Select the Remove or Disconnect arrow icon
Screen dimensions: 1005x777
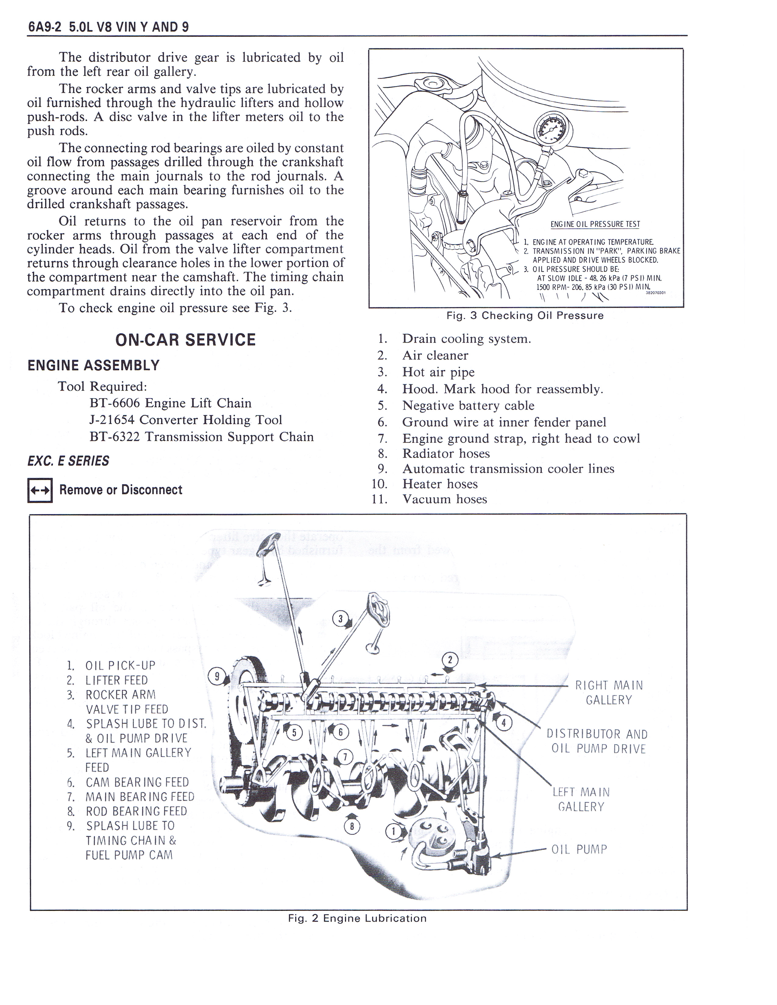pyautogui.click(x=40, y=490)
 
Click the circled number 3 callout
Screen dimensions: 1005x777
pyautogui.click(x=341, y=619)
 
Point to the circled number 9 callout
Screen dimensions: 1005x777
pyautogui.click(x=217, y=676)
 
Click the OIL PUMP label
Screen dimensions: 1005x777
pyautogui.click(x=579, y=849)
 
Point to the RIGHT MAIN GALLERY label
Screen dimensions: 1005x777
pyautogui.click(x=608, y=693)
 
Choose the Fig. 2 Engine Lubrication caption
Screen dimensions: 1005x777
pyautogui.click(x=357, y=918)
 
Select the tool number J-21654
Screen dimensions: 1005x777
pyautogui.click(x=112, y=420)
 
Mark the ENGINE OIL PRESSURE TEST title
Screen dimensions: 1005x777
pyautogui.click(x=595, y=224)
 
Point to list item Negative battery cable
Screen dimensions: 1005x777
pyautogui.click(x=468, y=405)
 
